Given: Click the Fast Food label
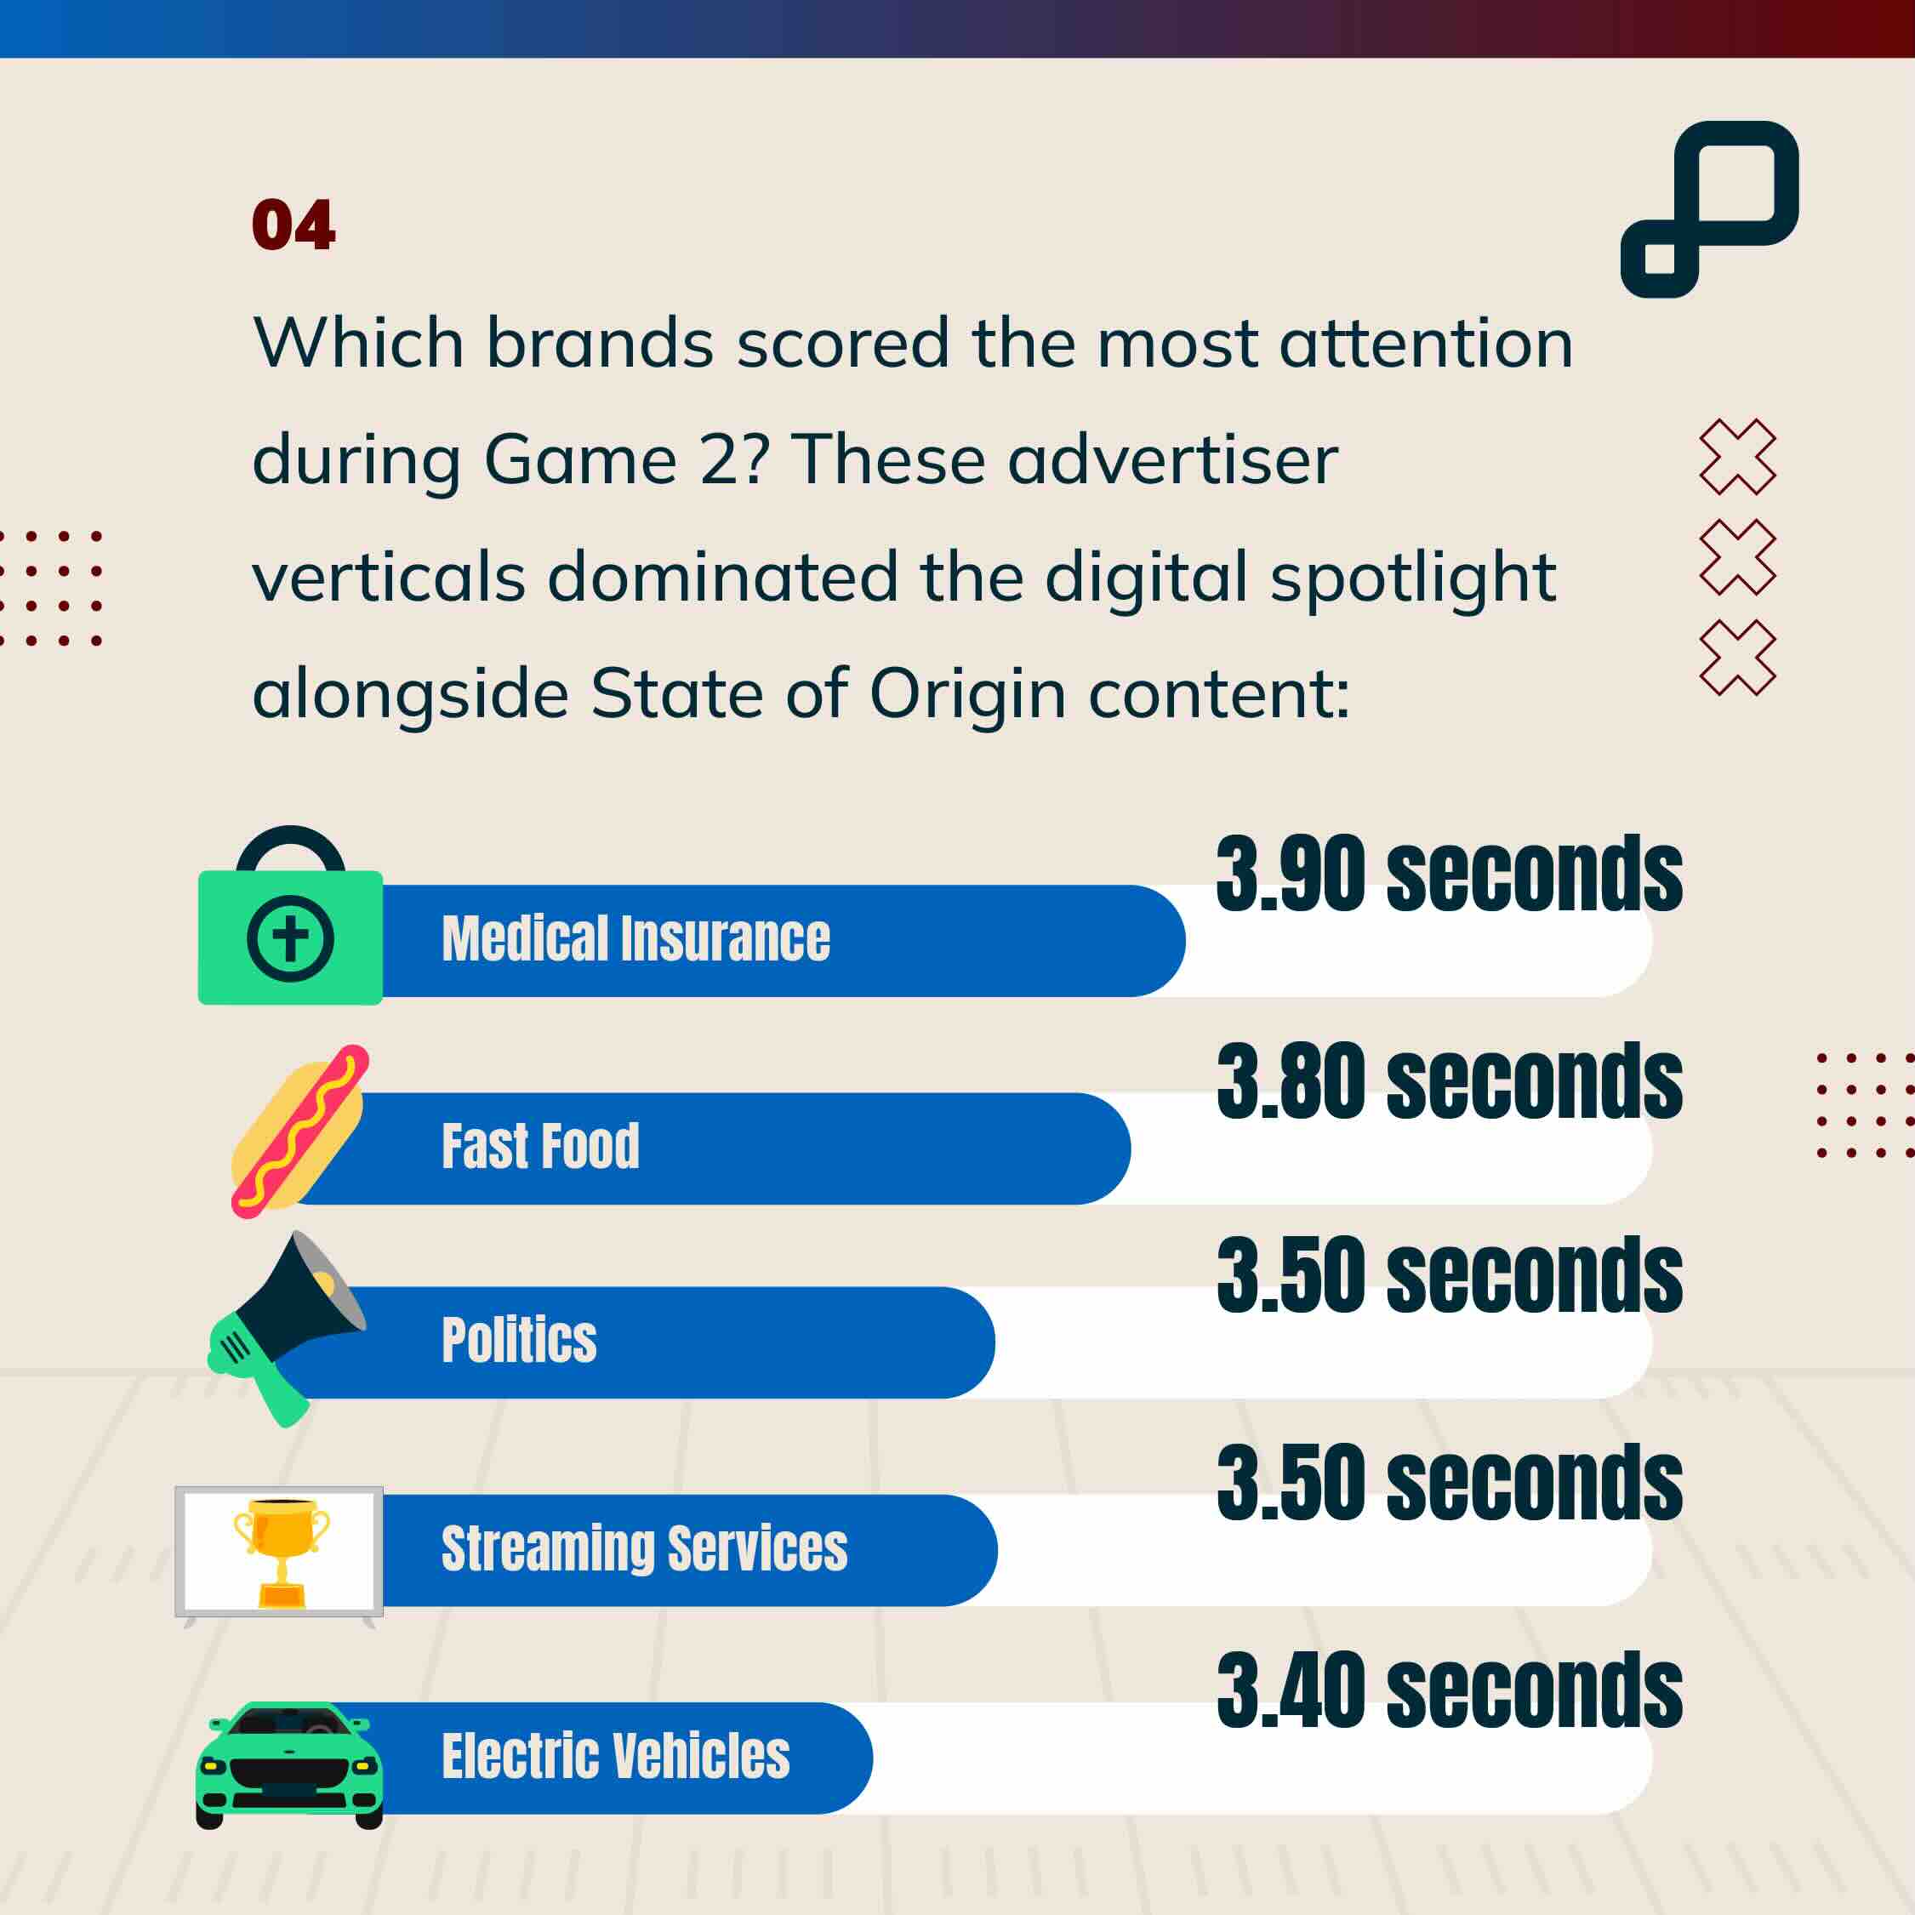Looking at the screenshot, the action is click(540, 1147).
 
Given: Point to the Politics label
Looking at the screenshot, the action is click(518, 1340).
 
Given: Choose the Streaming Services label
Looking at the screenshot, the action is click(644, 1548).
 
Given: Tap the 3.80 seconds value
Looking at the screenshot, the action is click(1449, 1081).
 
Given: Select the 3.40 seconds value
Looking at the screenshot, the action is click(1449, 1691).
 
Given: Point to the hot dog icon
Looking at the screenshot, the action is click(299, 1131).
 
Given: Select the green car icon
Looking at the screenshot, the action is click(289, 1765).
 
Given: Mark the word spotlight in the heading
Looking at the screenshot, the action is click(1413, 578).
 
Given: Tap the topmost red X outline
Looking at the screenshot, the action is click(1737, 457).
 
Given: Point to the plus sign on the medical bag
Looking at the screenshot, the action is click(290, 938).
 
